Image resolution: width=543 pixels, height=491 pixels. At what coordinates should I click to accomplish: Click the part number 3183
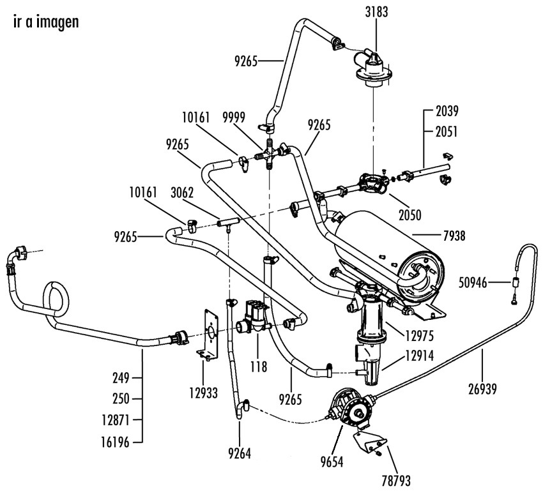tap(376, 12)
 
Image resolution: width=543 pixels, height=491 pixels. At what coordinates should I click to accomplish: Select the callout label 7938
tap(454, 236)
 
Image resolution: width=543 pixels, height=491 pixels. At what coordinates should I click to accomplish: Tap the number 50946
tap(473, 283)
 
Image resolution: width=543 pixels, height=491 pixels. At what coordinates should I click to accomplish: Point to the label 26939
tap(482, 389)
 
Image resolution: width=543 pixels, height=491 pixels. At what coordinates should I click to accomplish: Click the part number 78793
tap(396, 481)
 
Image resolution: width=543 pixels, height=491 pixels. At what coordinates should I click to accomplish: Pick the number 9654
tap(332, 462)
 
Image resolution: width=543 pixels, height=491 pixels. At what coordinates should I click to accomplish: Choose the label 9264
tap(240, 453)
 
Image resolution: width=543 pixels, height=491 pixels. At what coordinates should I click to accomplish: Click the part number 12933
tap(203, 393)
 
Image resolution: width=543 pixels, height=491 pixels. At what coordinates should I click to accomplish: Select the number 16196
tap(115, 442)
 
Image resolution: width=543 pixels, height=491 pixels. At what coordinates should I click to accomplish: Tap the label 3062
tap(182, 193)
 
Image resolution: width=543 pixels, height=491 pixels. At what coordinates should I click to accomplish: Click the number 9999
tap(234, 117)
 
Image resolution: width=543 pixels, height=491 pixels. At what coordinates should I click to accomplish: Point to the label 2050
tap(410, 215)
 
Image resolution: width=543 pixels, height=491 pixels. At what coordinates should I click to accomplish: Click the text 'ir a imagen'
tap(46, 22)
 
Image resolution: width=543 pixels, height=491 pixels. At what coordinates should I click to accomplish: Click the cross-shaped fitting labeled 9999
tap(269, 155)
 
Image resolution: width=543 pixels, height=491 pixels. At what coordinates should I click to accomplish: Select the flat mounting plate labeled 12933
tap(208, 335)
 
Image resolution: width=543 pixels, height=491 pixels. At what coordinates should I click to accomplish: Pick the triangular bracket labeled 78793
tap(370, 442)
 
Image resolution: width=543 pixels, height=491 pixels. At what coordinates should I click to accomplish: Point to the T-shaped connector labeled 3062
tap(228, 223)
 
